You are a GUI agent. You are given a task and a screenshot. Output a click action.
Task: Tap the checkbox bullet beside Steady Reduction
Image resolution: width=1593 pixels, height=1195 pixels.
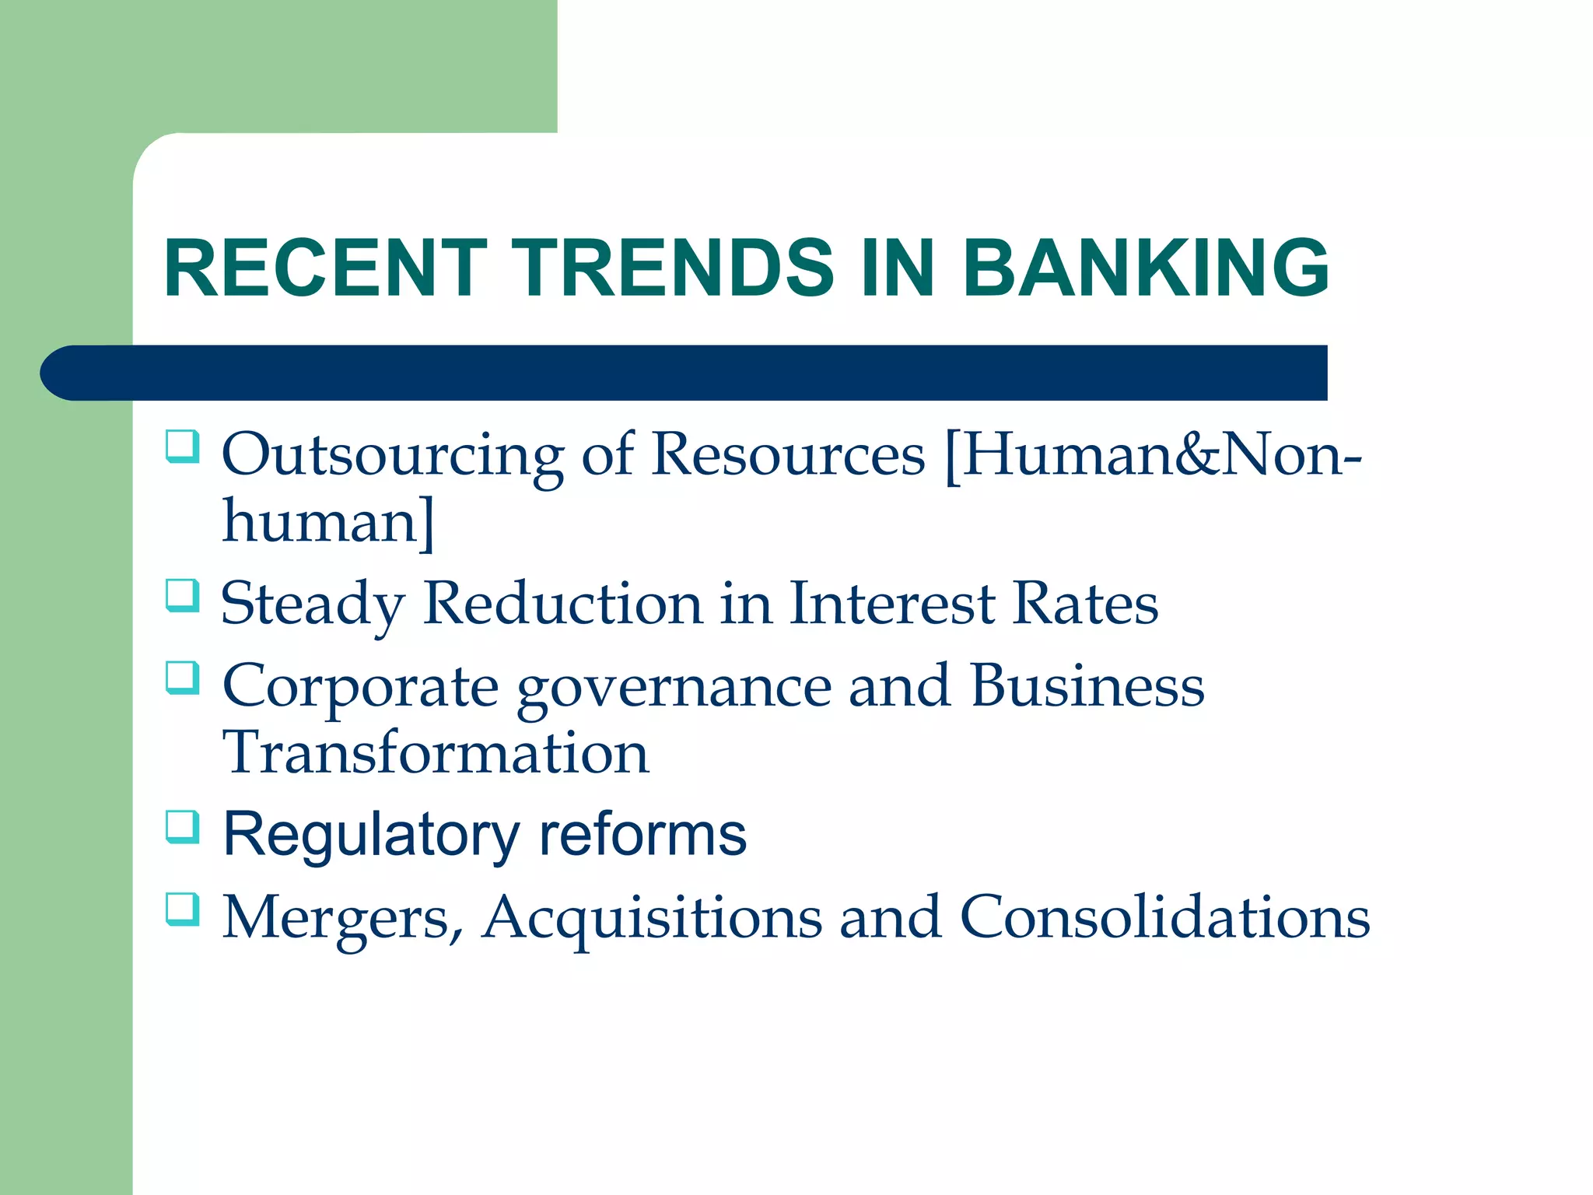point(183,596)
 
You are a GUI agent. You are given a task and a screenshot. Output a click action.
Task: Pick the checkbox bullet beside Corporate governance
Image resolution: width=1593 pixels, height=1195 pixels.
point(183,678)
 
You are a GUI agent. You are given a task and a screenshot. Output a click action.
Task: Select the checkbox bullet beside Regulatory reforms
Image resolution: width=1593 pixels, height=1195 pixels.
point(183,828)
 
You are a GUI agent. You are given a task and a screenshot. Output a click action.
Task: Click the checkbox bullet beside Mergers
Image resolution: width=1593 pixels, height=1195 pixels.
point(183,909)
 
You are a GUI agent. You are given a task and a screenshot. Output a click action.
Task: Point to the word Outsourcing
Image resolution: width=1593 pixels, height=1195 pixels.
point(393,455)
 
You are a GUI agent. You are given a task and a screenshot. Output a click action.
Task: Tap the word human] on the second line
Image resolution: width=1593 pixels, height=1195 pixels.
point(328,521)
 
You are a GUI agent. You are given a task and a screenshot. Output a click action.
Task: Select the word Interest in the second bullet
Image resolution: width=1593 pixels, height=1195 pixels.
point(892,604)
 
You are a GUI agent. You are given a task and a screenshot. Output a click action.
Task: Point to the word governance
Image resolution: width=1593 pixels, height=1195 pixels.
point(674,689)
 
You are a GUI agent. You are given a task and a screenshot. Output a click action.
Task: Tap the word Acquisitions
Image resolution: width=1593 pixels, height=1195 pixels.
point(652,918)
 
